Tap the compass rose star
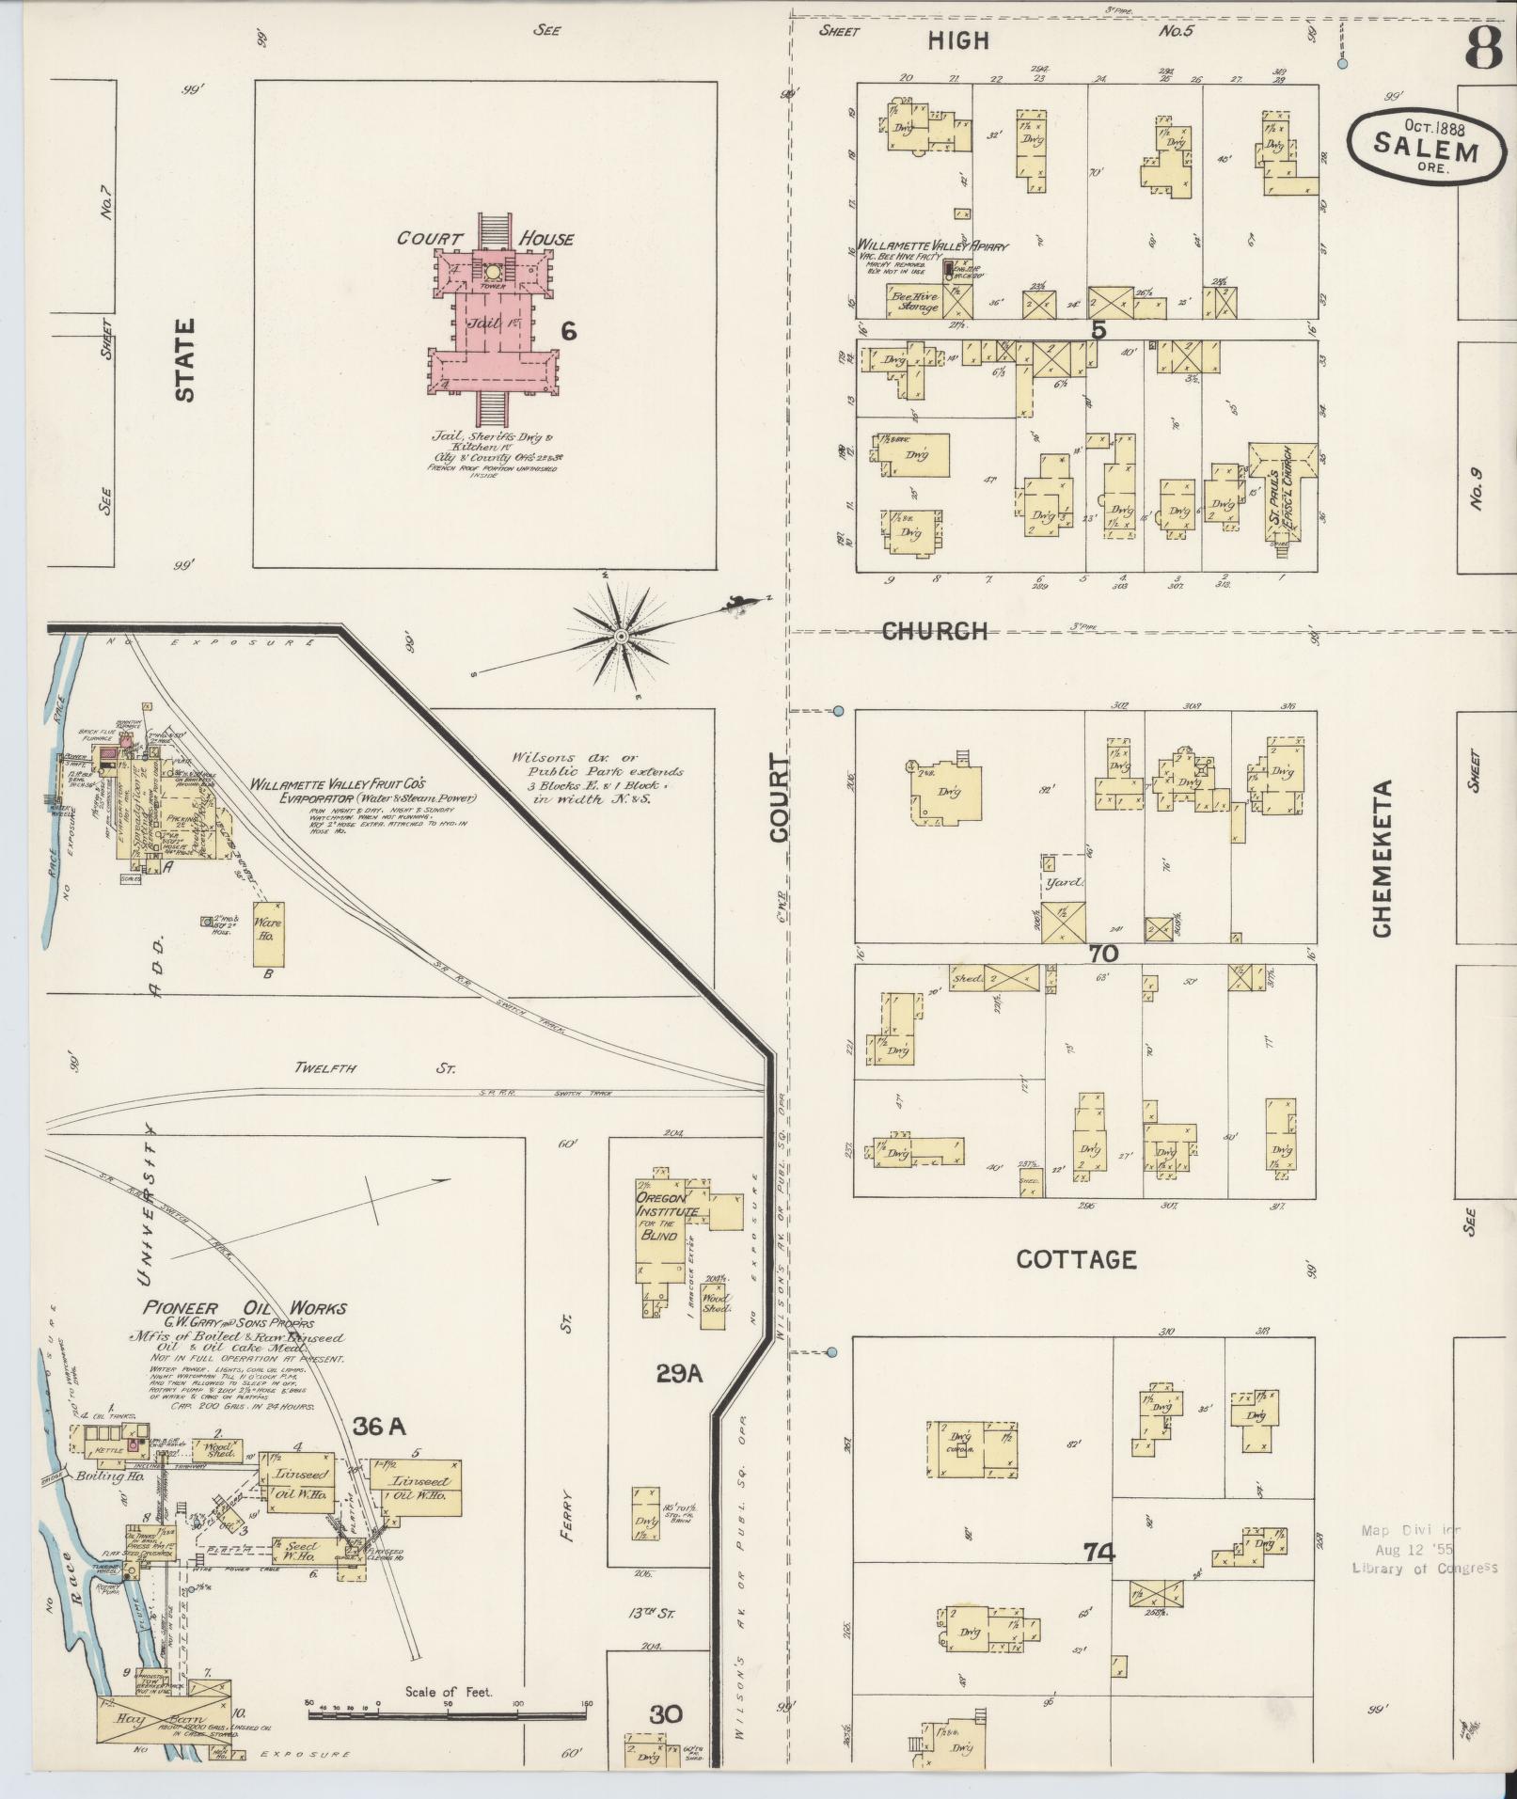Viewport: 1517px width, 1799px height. (620, 637)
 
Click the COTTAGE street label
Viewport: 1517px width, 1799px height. (1076, 1259)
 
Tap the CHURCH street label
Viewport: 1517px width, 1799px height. (935, 631)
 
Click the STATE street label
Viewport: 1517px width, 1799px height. (185, 359)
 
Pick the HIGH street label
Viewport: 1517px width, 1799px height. (958, 39)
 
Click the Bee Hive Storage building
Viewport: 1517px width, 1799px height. (914, 302)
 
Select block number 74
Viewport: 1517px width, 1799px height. (1098, 1551)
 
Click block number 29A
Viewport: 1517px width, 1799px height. (679, 1374)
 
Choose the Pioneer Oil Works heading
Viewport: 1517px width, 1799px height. (245, 1307)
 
